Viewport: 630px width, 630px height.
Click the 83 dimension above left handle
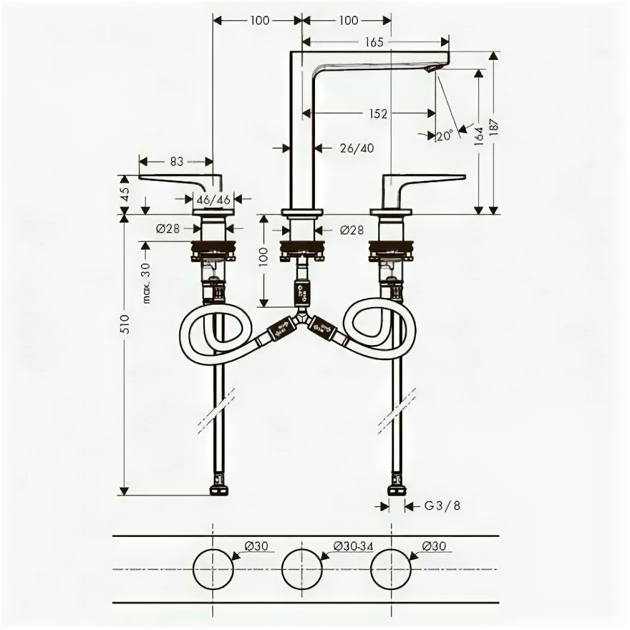[x=177, y=162]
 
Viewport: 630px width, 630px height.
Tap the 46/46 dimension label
[x=214, y=200]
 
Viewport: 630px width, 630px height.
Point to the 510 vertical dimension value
[x=124, y=327]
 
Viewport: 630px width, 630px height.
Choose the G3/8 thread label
[x=442, y=505]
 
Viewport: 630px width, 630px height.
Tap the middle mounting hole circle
[x=303, y=569]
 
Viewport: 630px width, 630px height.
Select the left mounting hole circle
[x=214, y=569]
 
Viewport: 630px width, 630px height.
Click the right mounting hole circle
[x=392, y=569]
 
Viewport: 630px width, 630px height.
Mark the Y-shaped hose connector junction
[x=302, y=320]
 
